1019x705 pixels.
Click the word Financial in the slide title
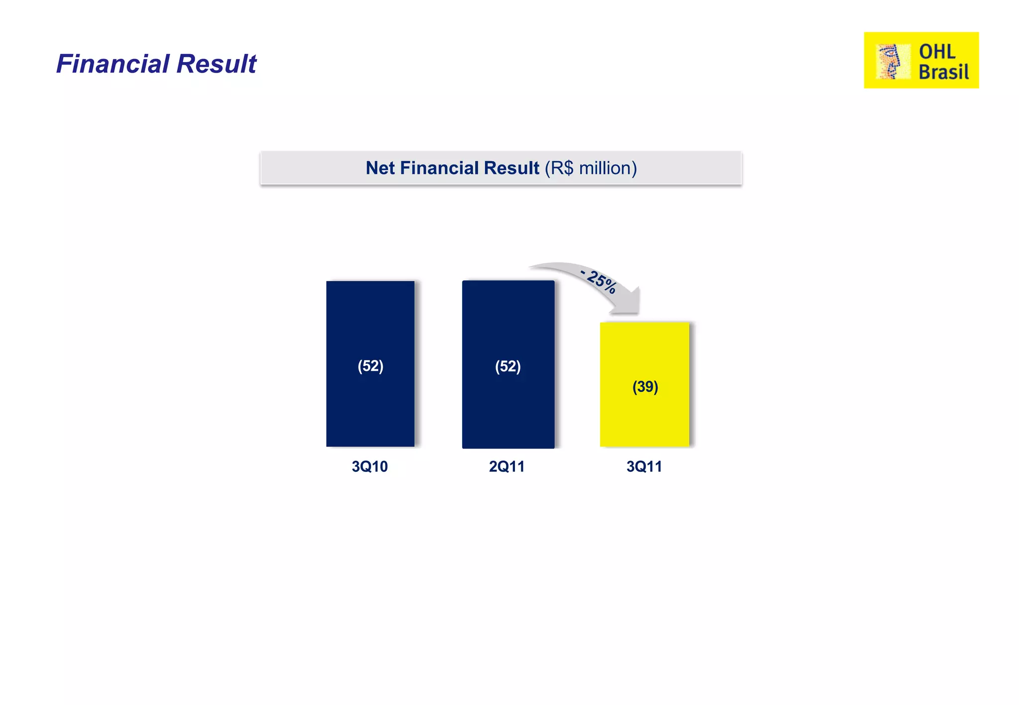coord(113,64)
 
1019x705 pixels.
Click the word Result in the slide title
coord(216,64)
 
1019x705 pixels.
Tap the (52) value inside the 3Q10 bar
coord(371,366)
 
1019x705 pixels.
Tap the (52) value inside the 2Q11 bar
coord(508,367)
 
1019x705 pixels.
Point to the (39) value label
coord(645,387)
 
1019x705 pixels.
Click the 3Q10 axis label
coord(370,467)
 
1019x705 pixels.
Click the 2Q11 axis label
coord(507,467)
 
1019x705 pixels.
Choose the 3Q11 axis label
coord(644,467)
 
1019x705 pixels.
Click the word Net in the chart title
coord(381,168)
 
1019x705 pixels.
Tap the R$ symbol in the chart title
coord(562,168)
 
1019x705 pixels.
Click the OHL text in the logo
coord(937,52)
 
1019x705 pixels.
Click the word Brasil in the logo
coord(943,72)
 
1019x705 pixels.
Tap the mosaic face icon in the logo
coord(890,61)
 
